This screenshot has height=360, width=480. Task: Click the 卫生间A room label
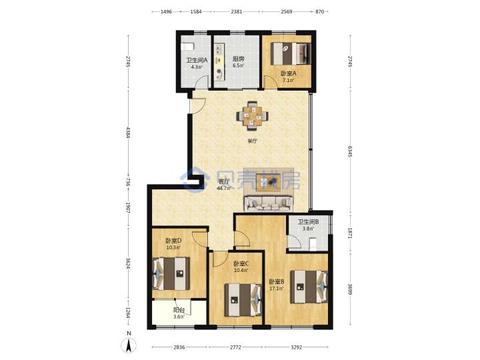pyautogui.click(x=197, y=60)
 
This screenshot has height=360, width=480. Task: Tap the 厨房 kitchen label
pyautogui.click(x=238, y=59)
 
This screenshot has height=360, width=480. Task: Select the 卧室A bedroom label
pyautogui.click(x=289, y=73)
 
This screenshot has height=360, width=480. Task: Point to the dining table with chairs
pyautogui.click(x=253, y=116)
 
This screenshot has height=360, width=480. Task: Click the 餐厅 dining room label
pyautogui.click(x=252, y=141)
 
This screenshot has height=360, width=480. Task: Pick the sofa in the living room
pyautogui.click(x=268, y=203)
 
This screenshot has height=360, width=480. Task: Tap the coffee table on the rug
pyautogui.click(x=268, y=182)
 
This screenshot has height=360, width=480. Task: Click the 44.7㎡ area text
pyautogui.click(x=223, y=188)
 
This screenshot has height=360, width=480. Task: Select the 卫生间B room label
pyautogui.click(x=308, y=221)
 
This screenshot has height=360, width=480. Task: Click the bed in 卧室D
pyautogui.click(x=171, y=274)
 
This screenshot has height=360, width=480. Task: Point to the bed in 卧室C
pyautogui.click(x=243, y=300)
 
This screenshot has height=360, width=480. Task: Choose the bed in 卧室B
pyautogui.click(x=309, y=287)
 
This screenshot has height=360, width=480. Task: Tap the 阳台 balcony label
pyautogui.click(x=179, y=310)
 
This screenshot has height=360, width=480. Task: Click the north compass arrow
pyautogui.click(x=129, y=345)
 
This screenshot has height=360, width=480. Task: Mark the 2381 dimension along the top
pyautogui.click(x=236, y=11)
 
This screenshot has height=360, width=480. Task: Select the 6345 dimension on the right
pyautogui.click(x=350, y=151)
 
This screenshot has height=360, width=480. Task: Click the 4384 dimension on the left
pyautogui.click(x=128, y=133)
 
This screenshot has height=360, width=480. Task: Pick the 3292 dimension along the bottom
pyautogui.click(x=296, y=347)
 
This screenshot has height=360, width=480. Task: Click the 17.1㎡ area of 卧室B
pyautogui.click(x=276, y=289)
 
